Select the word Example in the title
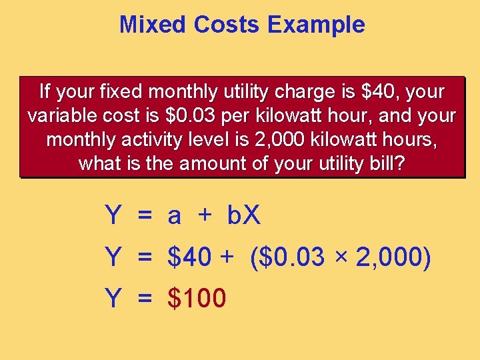click(316, 25)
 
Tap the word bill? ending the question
click(386, 164)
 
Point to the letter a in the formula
click(174, 215)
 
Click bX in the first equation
click(244, 215)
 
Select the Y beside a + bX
click(113, 215)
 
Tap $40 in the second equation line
click(190, 257)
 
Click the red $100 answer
click(197, 298)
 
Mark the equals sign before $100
click(145, 299)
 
